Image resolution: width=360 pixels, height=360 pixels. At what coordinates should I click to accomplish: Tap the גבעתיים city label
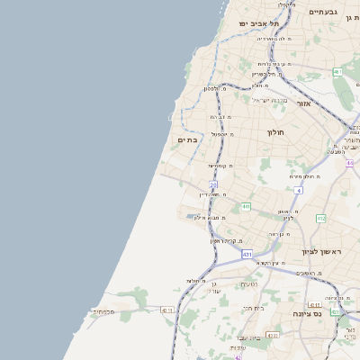tap(323, 12)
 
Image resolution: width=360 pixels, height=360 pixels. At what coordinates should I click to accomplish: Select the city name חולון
tap(274, 132)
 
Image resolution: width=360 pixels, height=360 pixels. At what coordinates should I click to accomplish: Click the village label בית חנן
tap(253, 308)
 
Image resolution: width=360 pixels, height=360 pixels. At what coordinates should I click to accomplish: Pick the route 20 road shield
tap(214, 184)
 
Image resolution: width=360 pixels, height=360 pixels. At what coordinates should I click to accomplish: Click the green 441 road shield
tap(246, 206)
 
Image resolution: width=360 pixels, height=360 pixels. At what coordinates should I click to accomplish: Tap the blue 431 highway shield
tap(246, 255)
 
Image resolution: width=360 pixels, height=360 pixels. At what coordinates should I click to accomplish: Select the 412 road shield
tap(321, 219)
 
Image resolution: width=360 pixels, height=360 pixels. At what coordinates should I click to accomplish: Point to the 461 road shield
tap(337, 72)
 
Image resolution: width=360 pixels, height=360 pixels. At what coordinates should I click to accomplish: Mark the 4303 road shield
tap(273, 334)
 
